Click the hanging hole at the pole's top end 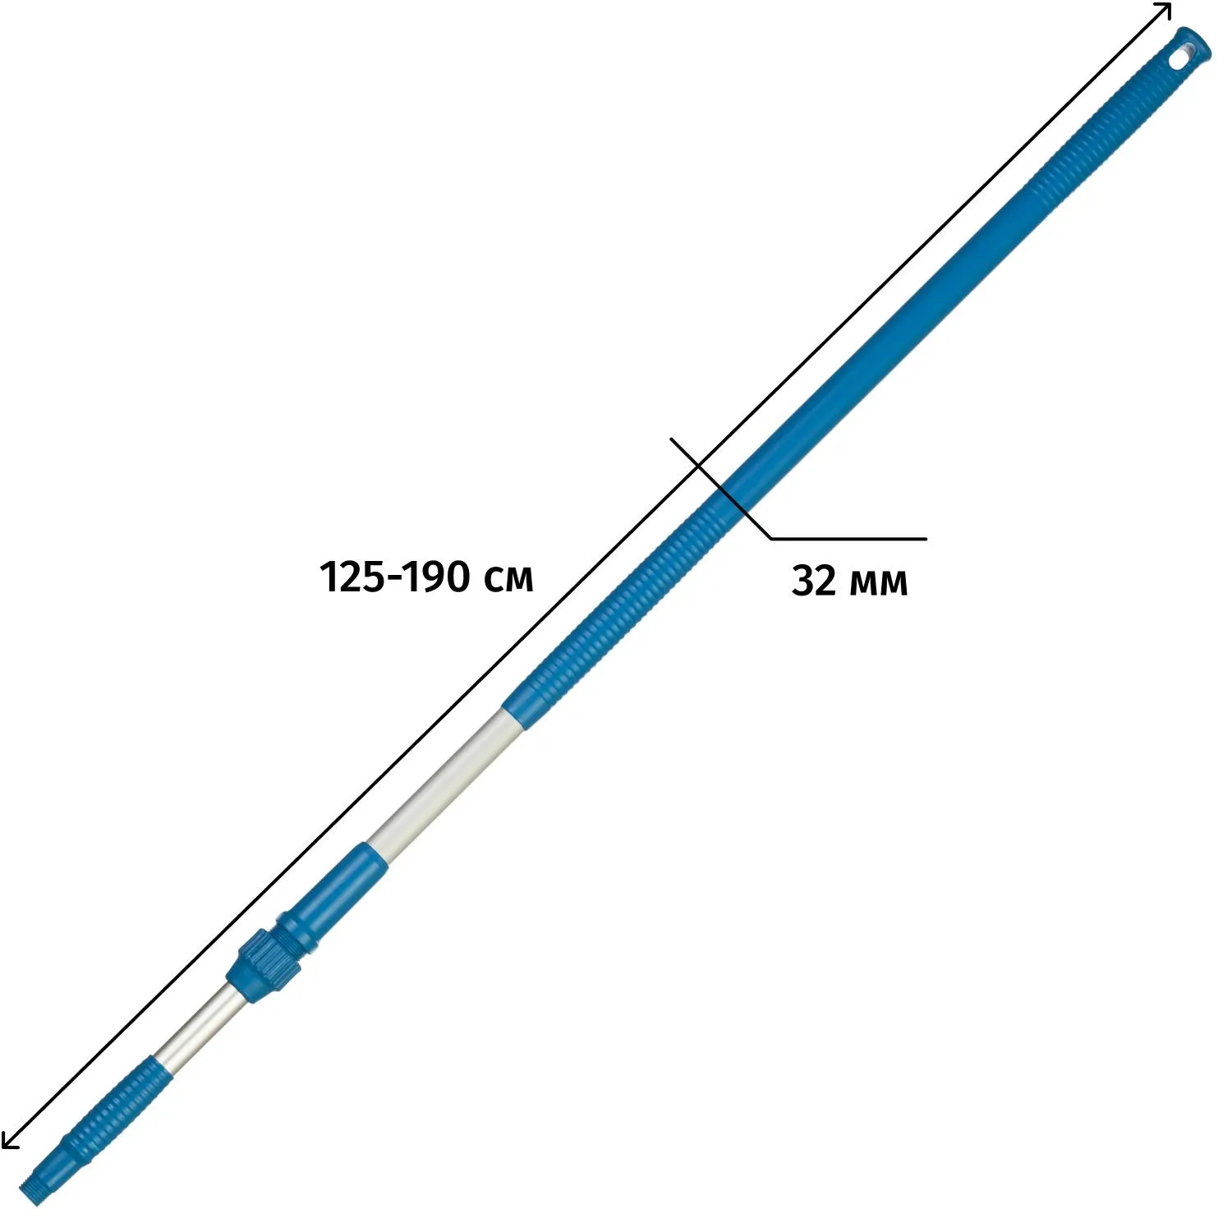tap(1180, 60)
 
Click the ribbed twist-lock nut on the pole tap(264, 964)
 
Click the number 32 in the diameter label tap(814, 582)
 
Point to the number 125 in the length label tap(351, 577)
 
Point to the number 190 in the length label tap(439, 577)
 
